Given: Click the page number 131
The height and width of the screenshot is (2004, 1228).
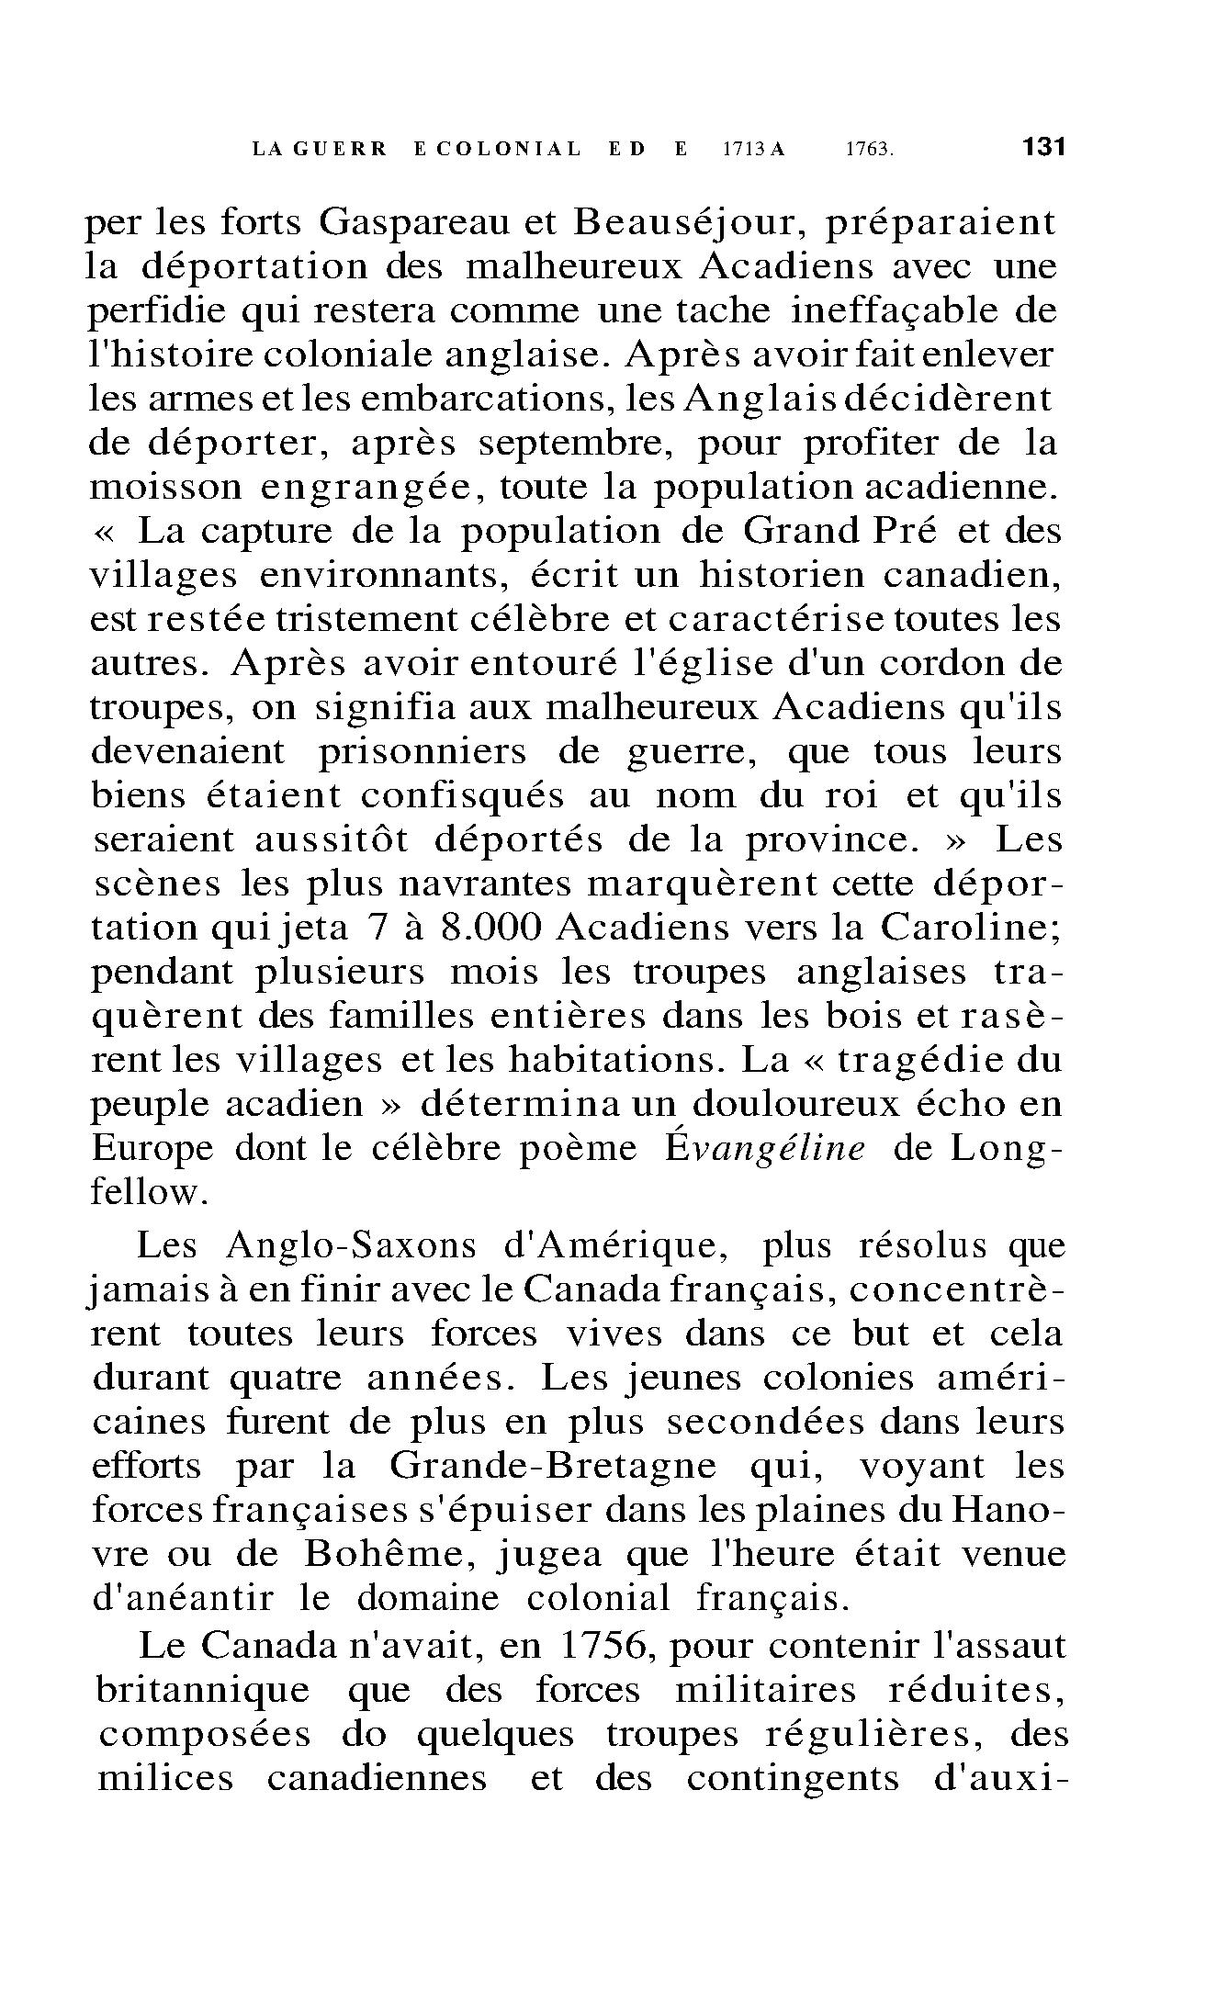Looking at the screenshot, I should pos(1042,147).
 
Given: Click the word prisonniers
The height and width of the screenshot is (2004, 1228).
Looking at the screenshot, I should pos(422,752).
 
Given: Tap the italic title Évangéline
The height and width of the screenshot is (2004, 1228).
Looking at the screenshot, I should pos(764,1150).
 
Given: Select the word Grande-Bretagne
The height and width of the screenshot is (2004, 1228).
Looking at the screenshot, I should pos(552,1466).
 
